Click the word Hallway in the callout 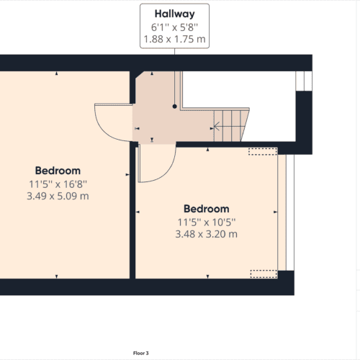(174, 14)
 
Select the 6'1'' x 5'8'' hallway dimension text (174, 27)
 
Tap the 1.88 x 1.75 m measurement (174, 39)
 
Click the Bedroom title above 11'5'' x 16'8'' (57, 171)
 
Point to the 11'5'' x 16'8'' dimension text (57, 184)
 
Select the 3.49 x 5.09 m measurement (57, 196)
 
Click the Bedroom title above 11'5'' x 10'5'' (206, 209)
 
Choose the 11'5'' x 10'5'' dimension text (206, 222)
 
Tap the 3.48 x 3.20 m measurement (206, 234)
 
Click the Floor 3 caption (140, 353)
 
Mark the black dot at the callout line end (174, 106)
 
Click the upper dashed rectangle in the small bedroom (262, 152)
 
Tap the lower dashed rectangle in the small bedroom (262, 274)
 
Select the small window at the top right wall (305, 81)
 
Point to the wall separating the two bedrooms (132, 216)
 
